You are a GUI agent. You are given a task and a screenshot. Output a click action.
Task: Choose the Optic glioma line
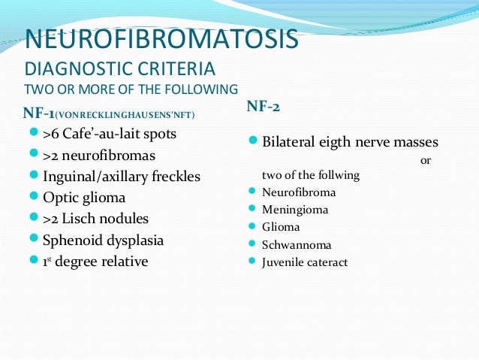coord(84,198)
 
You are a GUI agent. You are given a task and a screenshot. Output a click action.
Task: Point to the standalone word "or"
coord(426,160)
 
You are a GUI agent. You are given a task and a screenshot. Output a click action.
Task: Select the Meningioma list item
coord(295,210)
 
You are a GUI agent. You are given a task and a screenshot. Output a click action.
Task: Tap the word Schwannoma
coord(297,244)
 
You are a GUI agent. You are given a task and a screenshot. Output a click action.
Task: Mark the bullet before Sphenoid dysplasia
coord(33,241)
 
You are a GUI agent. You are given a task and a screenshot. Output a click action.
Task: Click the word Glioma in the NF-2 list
coord(281,227)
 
